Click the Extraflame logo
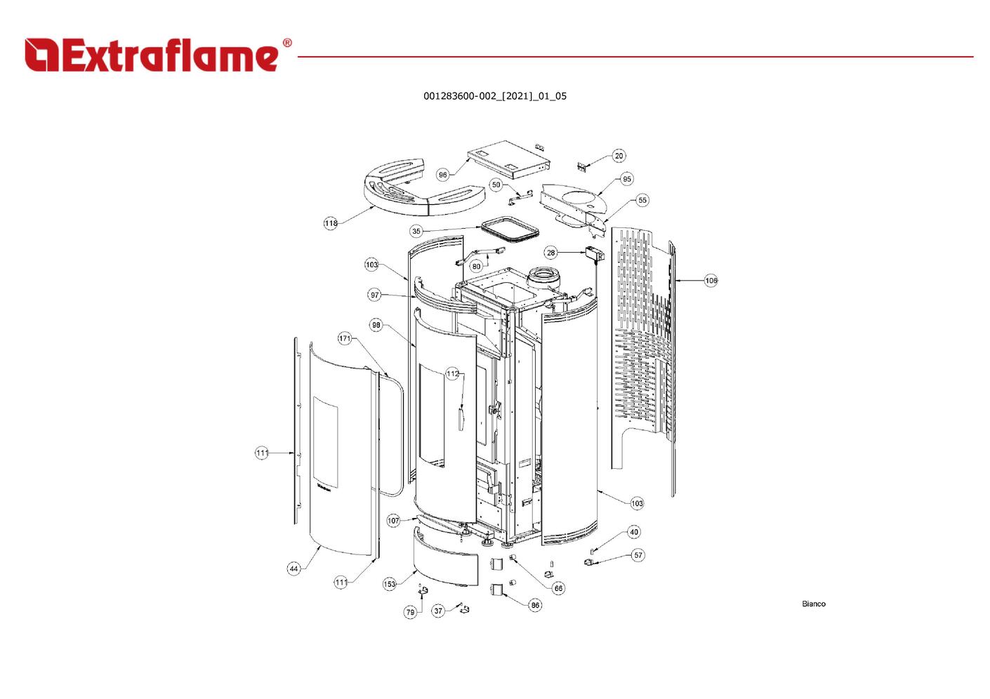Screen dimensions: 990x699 pos(158,55)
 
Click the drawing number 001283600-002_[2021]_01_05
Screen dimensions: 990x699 pos(494,96)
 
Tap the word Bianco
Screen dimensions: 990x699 pos(813,604)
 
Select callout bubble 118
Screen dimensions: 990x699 pos(331,223)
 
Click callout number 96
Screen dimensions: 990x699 pos(443,175)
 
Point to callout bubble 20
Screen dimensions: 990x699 pos(619,156)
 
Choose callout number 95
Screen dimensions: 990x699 pos(627,179)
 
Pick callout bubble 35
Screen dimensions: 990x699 pos(416,231)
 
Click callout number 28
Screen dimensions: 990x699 pos(550,253)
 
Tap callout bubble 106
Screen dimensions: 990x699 pos(711,280)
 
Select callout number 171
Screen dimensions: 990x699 pos(345,338)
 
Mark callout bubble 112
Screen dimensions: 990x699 pos(453,374)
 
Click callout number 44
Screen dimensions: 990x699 pos(294,568)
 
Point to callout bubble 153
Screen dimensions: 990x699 pos(390,584)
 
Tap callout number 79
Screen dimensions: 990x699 pos(410,612)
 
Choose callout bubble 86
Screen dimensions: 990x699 pos(535,605)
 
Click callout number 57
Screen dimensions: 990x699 pos(638,555)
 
